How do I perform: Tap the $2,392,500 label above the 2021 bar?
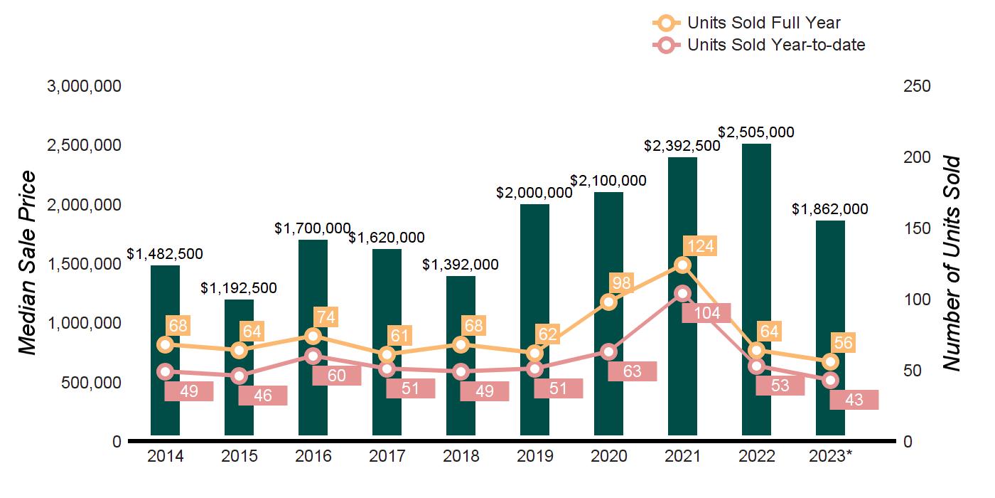[x=682, y=145]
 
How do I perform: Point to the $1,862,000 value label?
[x=830, y=209]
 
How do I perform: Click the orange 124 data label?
[x=699, y=246]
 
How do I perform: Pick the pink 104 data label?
[x=706, y=312]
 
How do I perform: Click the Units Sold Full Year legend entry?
[x=763, y=23]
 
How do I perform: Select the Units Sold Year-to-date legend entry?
[x=775, y=45]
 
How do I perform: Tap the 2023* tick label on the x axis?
[x=830, y=456]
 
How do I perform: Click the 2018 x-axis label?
[x=461, y=456]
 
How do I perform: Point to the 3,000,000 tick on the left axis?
[x=84, y=86]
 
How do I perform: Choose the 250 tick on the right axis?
[x=917, y=86]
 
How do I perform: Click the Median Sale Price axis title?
[x=27, y=263]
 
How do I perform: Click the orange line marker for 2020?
[x=608, y=302]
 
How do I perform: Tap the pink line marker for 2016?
[x=313, y=356]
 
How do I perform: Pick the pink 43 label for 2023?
[x=854, y=400]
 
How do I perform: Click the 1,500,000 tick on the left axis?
[x=84, y=264]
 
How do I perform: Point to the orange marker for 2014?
[x=165, y=344]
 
